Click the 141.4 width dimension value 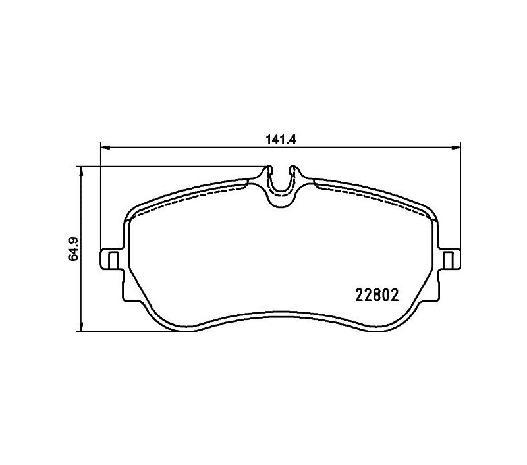coord(281,140)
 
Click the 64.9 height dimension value coord(73,249)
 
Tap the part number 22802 coord(377,295)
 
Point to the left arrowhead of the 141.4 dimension coord(106,147)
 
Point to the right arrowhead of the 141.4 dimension coord(455,147)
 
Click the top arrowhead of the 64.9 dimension coord(80,171)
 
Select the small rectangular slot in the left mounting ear coord(114,260)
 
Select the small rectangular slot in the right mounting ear coord(447,260)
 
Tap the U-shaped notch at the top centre coord(281,192)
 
